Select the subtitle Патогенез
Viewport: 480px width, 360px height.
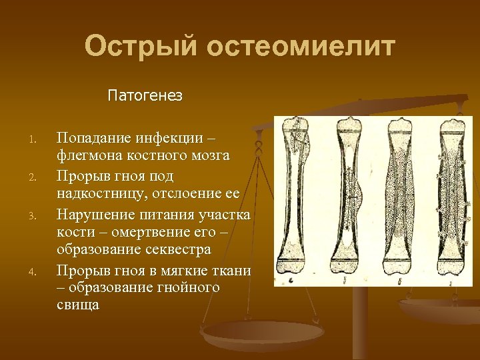click(145, 96)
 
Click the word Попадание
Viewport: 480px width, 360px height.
click(93, 137)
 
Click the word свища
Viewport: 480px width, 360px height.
click(77, 307)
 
